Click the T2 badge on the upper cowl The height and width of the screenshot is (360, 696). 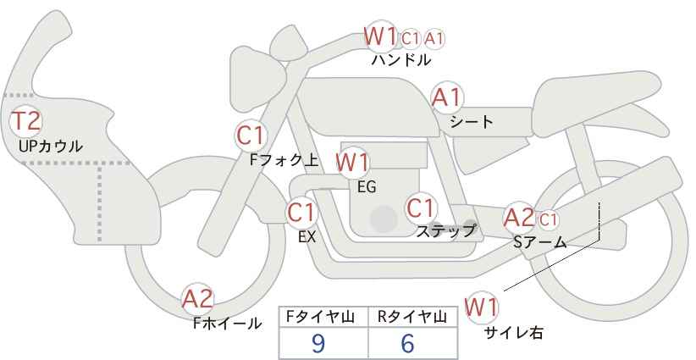click(25, 121)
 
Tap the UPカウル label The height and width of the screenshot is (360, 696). click(51, 146)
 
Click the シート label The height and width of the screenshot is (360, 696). click(471, 121)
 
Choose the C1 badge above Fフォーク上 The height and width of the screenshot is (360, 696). click(251, 135)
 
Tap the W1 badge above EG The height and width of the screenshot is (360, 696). click(352, 163)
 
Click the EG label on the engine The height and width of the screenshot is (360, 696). click(367, 186)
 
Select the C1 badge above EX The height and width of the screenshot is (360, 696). click(301, 213)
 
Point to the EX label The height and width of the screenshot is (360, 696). click(307, 237)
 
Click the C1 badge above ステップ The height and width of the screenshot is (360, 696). click(421, 208)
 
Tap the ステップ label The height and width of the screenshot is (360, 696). click(445, 230)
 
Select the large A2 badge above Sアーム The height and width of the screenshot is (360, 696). click(519, 218)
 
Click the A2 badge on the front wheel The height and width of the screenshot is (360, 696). click(198, 299)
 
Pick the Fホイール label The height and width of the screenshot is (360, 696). click(228, 323)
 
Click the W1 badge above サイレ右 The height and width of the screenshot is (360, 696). click(483, 307)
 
